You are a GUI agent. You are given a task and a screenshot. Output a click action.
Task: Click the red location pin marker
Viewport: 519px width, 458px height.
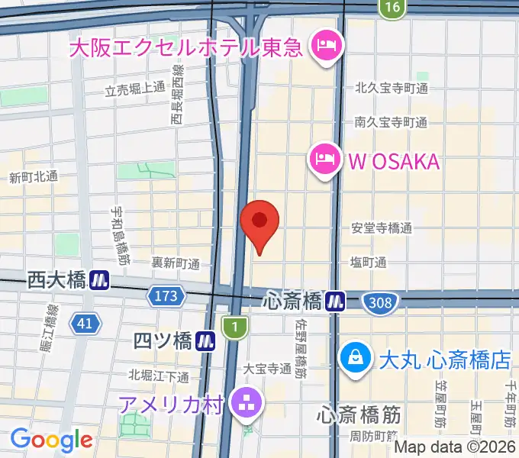pyautogui.click(x=259, y=222)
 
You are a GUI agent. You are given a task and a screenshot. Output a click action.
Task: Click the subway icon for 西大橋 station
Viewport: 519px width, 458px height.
pyautogui.click(x=99, y=280)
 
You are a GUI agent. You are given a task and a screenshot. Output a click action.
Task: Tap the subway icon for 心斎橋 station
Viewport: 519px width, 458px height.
pyautogui.click(x=334, y=302)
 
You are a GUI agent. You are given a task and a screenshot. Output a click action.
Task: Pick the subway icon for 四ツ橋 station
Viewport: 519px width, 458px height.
pyautogui.click(x=205, y=340)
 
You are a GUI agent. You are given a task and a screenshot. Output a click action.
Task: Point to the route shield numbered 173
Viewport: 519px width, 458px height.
pyautogui.click(x=169, y=295)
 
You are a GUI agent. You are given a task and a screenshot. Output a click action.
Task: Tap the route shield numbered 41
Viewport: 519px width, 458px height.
pyautogui.click(x=85, y=324)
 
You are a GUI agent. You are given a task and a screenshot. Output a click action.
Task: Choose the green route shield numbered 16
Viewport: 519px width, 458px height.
pyautogui.click(x=392, y=7)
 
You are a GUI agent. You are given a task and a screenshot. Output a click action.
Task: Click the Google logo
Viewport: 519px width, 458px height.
pyautogui.click(x=51, y=440)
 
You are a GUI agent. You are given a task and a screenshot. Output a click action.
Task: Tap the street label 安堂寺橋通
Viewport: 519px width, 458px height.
pyautogui.click(x=382, y=227)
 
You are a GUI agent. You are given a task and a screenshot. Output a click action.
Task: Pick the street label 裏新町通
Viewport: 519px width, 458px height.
pyautogui.click(x=175, y=263)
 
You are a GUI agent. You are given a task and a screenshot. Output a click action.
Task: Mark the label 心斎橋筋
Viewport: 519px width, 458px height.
pyautogui.click(x=359, y=416)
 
